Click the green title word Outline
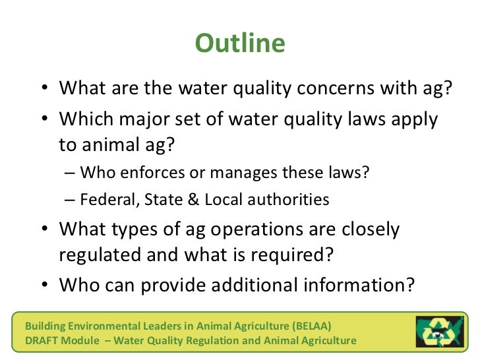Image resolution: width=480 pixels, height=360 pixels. [240, 44]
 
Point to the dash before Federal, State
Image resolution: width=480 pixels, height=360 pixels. [71, 200]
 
